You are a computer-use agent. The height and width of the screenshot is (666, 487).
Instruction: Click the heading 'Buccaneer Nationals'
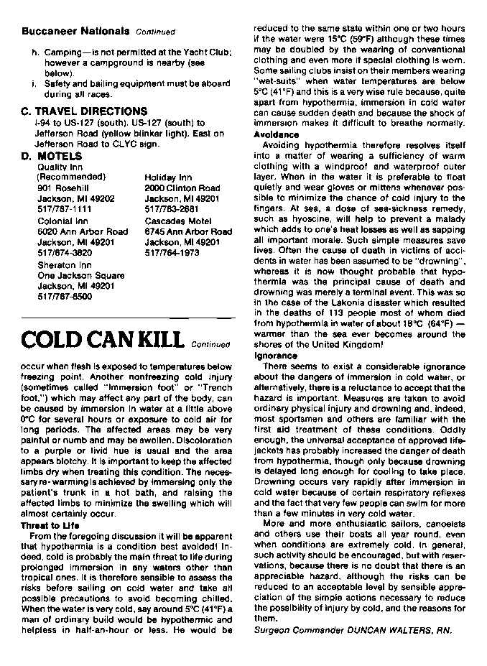tap(75, 31)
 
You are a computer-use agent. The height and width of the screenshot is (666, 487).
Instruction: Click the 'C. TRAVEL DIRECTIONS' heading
tap(84, 111)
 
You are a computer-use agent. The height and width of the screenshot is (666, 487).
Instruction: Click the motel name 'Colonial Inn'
tap(62, 221)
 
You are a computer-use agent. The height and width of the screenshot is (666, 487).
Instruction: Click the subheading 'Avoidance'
tap(277, 134)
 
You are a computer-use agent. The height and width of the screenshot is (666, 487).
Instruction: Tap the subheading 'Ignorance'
tap(276, 356)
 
